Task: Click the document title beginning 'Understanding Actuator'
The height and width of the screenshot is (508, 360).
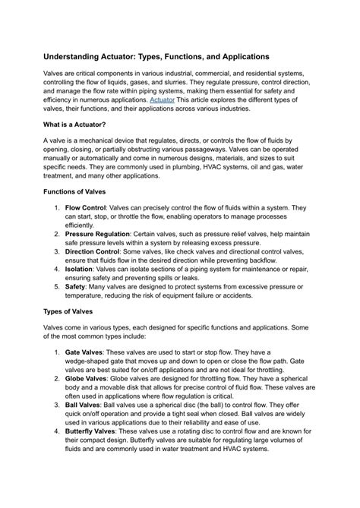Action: [155, 57]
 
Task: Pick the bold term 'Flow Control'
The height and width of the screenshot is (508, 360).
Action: [85, 207]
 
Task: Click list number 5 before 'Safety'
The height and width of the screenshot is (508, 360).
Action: [57, 287]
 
